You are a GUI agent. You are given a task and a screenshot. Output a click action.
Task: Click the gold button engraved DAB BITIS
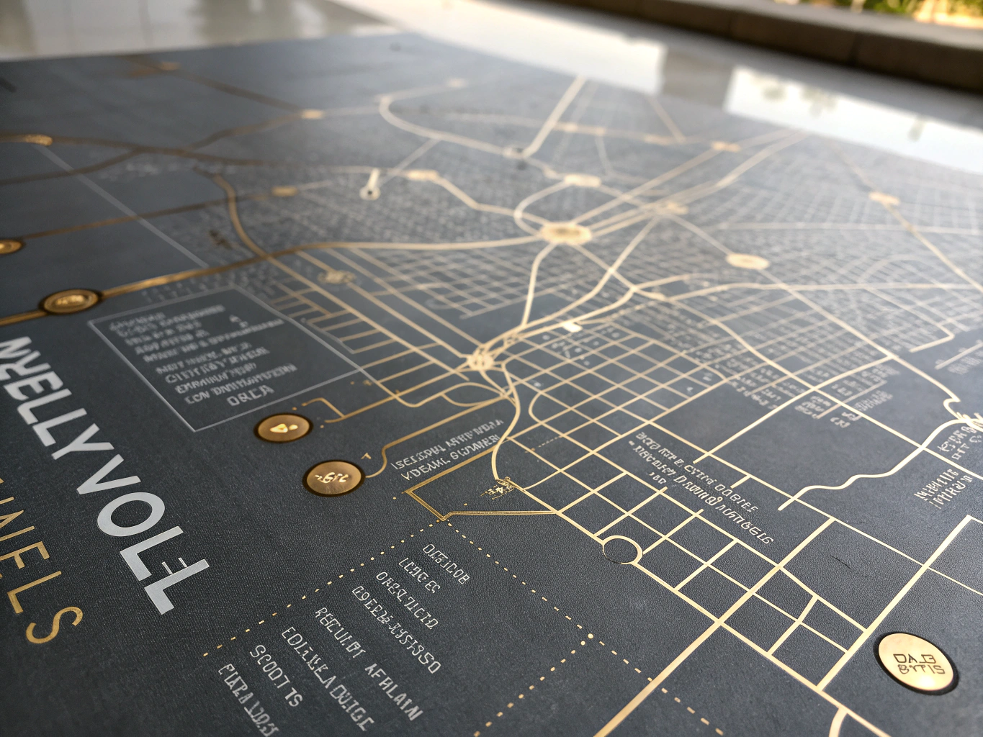pyautogui.click(x=917, y=663)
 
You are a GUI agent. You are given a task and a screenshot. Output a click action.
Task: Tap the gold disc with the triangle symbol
pyautogui.click(x=283, y=428)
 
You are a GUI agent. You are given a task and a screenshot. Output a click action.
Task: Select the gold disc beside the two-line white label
pyautogui.click(x=333, y=477)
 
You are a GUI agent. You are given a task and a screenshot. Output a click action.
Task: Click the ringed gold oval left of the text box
pyautogui.click(x=70, y=302)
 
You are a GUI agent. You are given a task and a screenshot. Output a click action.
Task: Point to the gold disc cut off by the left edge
pyautogui.click(x=7, y=247)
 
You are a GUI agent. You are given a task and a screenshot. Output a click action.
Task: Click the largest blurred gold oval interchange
pyautogui.click(x=565, y=232)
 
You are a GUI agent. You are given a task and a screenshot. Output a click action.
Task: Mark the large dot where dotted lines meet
pyautogui.click(x=591, y=636)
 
